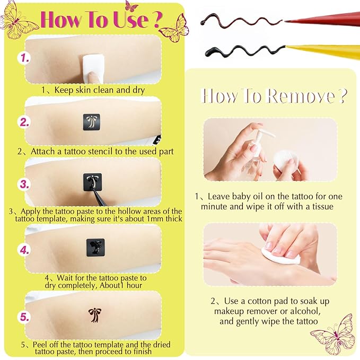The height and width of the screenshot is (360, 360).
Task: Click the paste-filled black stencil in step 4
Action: pyautogui.click(x=95, y=247)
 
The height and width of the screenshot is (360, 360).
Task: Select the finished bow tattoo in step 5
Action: pyautogui.click(x=94, y=314)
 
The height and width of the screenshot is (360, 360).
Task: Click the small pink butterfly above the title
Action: pyautogui.click(x=131, y=6)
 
